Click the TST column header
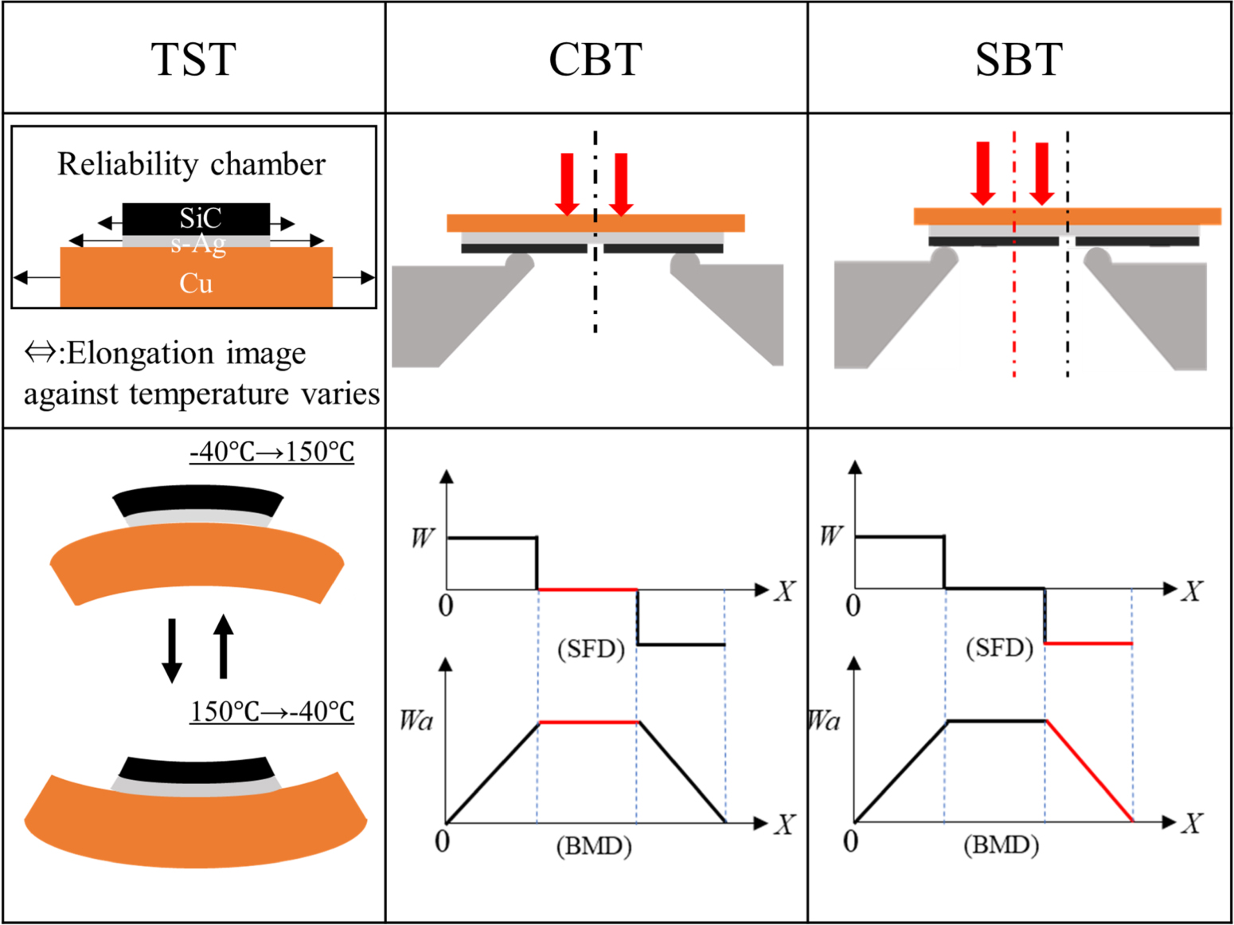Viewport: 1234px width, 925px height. tap(193, 59)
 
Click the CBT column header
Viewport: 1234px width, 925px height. tap(595, 59)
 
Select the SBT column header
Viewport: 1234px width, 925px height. tap(1018, 59)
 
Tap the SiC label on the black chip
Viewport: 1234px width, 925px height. tap(200, 218)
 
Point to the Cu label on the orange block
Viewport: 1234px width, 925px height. tap(196, 283)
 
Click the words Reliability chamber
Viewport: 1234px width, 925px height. tap(191, 164)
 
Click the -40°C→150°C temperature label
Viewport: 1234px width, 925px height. tap(271, 452)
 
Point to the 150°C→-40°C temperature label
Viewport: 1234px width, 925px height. tap(271, 711)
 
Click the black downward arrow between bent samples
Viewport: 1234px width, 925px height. tap(171, 649)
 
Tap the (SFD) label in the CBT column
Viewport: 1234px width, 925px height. tap(591, 649)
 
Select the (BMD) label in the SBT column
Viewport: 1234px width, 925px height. tap(1001, 845)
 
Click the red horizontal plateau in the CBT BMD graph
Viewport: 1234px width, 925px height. tap(588, 723)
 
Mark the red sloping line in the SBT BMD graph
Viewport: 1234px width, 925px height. tap(1089, 770)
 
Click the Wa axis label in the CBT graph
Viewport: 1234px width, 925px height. tap(416, 721)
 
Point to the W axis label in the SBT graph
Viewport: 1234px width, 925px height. tap(830, 535)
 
